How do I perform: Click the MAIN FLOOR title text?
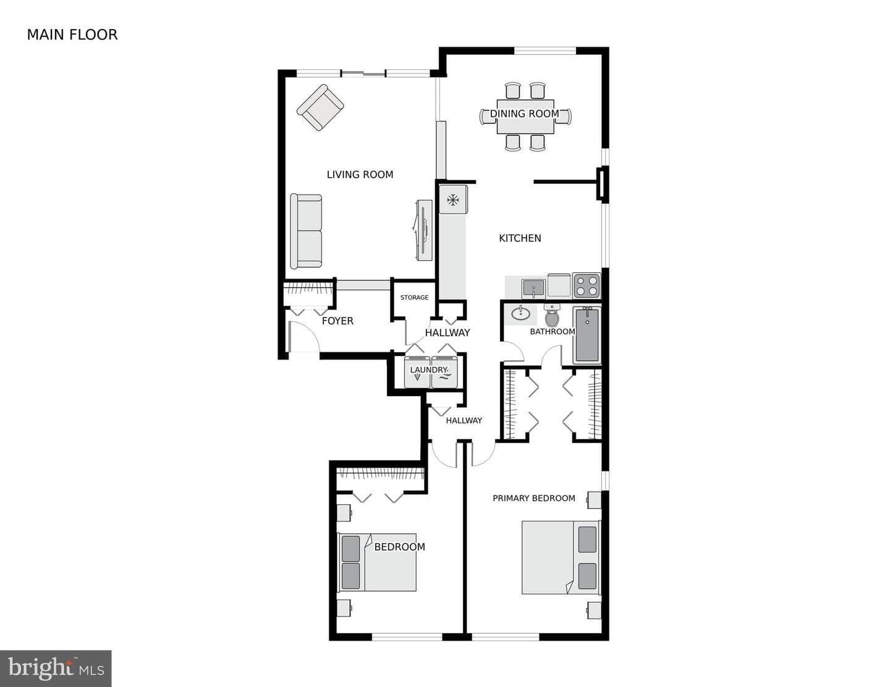72,35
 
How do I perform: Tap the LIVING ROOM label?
360,175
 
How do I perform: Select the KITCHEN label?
520,238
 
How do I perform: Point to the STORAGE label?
414,298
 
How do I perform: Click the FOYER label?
337,321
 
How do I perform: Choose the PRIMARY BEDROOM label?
533,498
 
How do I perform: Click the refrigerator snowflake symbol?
452,200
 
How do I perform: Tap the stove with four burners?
587,285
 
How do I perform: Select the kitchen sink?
533,289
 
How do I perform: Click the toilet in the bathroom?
552,316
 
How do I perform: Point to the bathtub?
587,335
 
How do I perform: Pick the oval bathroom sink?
520,314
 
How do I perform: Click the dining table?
525,117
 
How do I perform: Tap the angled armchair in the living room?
320,107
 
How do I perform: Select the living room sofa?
306,231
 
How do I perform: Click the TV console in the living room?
425,230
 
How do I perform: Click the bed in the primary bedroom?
561,557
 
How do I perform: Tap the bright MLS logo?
56,668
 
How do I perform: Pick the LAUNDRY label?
428,370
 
